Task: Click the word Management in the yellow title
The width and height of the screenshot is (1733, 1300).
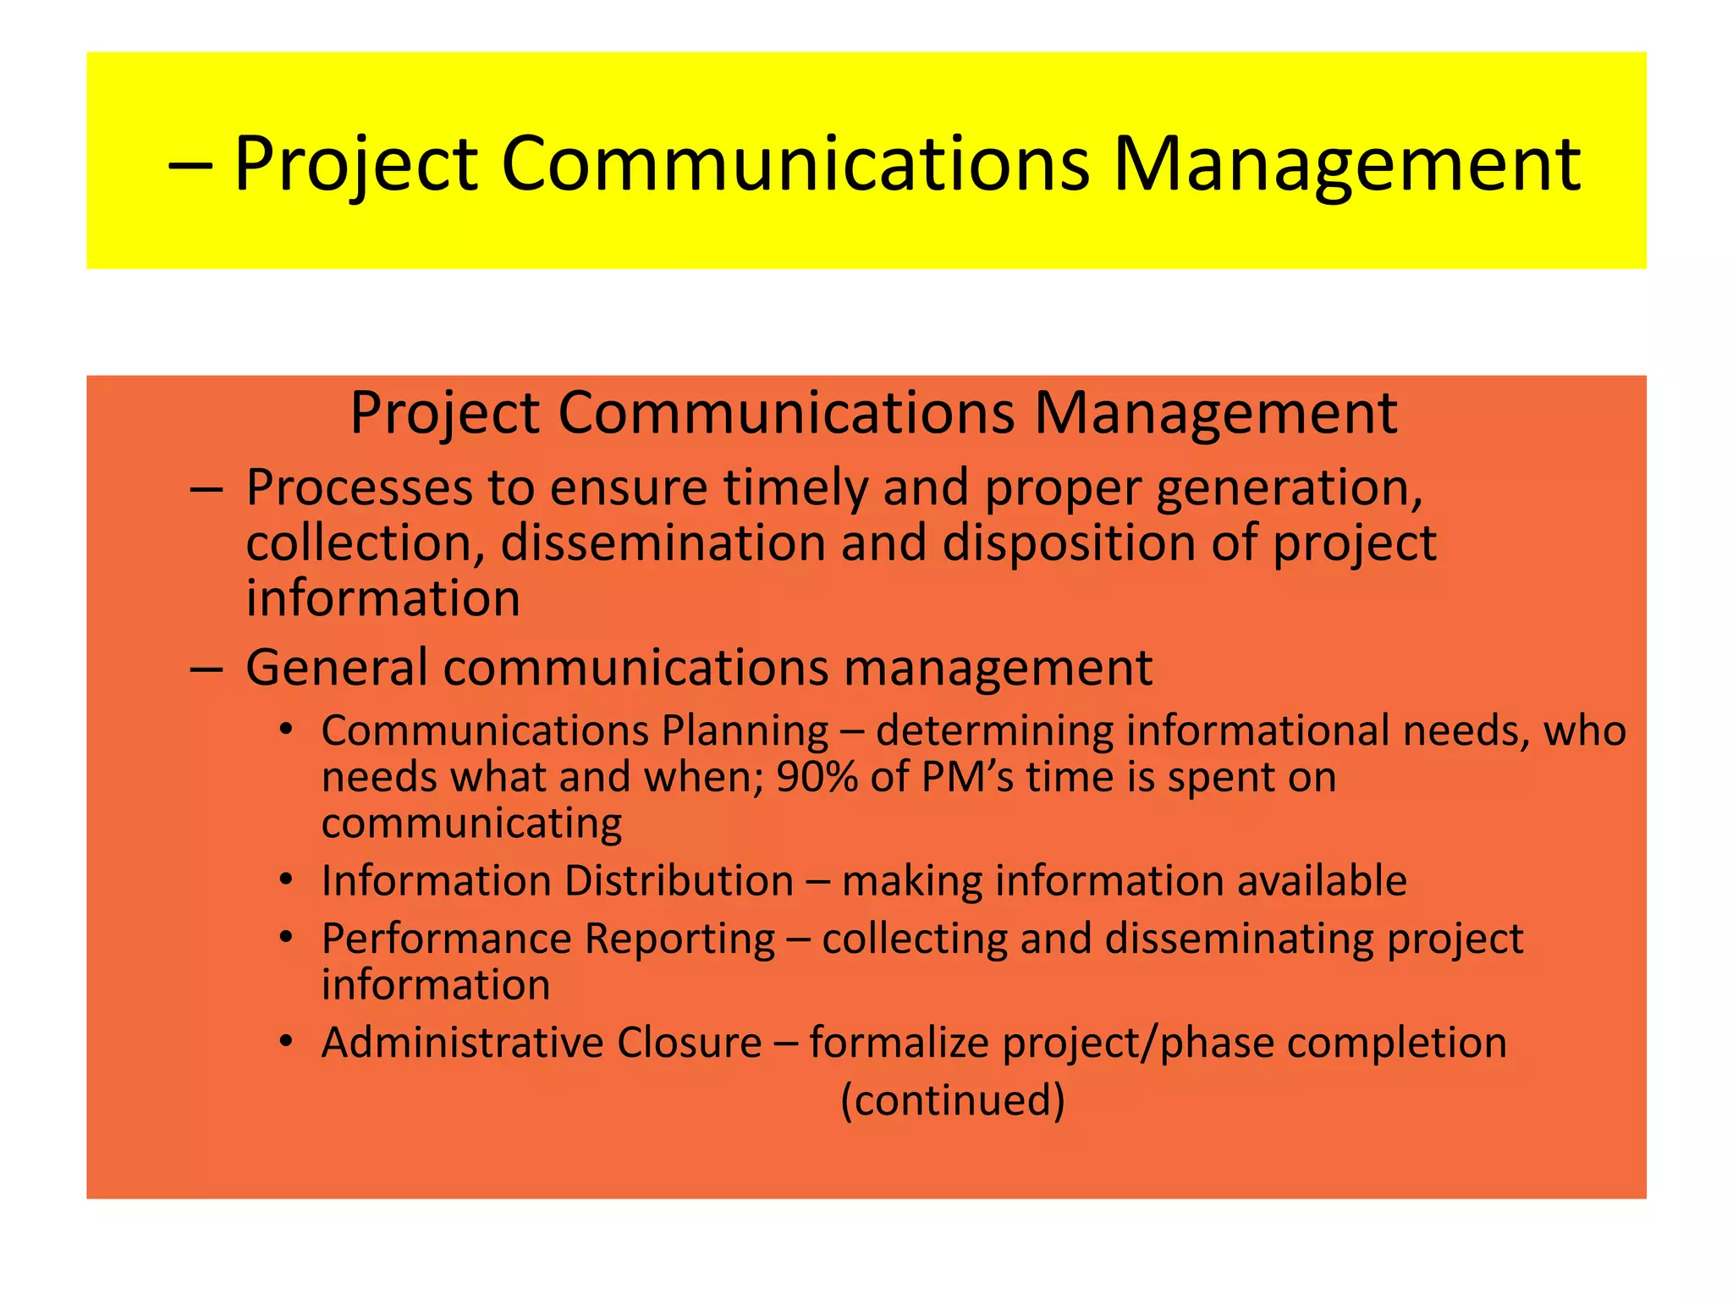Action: coord(1345,165)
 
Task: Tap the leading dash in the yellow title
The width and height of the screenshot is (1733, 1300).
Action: coord(190,165)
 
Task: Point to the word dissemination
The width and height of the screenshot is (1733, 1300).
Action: coord(663,543)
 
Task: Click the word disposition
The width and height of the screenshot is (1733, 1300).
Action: coord(1068,543)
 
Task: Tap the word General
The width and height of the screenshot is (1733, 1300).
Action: coord(336,668)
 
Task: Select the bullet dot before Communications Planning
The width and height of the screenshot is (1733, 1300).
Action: coord(286,730)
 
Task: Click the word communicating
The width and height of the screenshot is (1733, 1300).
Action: coord(471,824)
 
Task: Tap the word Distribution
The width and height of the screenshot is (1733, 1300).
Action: coord(679,881)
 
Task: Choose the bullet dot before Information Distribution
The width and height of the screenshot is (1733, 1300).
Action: coord(286,880)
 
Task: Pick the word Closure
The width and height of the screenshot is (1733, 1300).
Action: coord(689,1043)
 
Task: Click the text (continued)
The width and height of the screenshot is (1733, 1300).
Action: coord(953,1101)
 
